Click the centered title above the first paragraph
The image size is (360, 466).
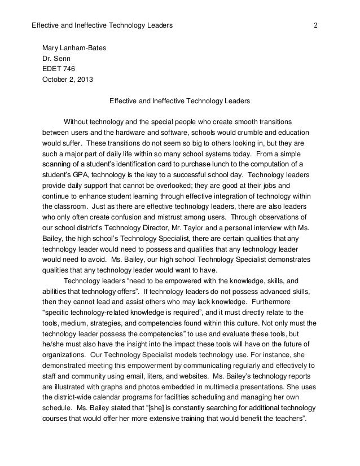(179, 102)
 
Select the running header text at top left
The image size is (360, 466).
(102, 26)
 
